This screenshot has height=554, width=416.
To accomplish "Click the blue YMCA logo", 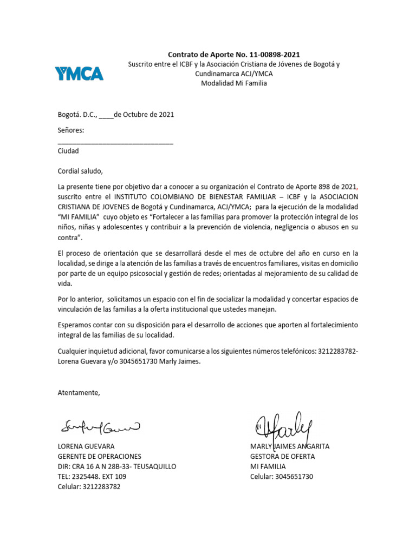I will tap(79, 72).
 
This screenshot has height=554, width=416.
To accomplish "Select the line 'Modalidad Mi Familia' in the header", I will tap(234, 83).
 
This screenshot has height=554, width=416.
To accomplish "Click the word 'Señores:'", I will tap(71, 130).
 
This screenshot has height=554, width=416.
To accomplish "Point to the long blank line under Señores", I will tap(115, 143).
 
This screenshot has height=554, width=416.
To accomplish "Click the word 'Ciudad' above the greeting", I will tap(68, 151).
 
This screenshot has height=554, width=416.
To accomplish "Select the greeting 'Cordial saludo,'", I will tap(80, 171).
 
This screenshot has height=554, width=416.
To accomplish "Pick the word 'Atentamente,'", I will tap(79, 393).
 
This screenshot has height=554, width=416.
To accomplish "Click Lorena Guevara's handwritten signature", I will tap(100, 427).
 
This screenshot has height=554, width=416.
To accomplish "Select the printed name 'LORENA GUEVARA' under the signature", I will tap(86, 447).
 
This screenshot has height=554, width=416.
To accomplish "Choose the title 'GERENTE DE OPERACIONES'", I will tap(100, 457).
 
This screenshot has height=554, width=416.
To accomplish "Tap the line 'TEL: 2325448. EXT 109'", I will tap(92, 477).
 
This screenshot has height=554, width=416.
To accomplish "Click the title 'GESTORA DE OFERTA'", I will tap(283, 457).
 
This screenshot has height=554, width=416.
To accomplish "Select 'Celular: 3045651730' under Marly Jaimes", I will tap(282, 477).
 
